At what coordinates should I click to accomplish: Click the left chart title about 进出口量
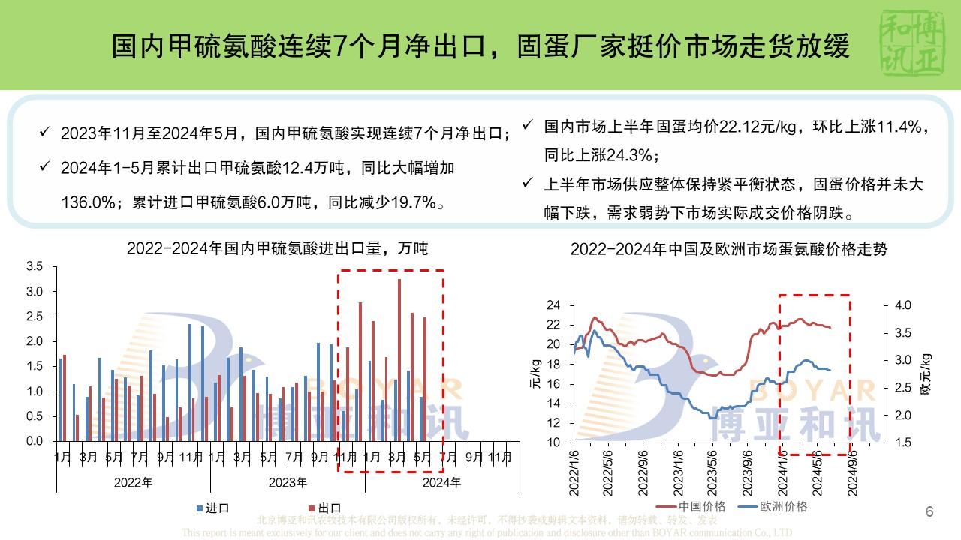tap(277, 248)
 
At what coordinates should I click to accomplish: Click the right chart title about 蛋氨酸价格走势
tap(728, 249)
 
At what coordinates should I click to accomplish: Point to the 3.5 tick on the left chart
tap(35, 266)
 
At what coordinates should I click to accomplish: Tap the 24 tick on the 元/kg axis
tap(553, 305)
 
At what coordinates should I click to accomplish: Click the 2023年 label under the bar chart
tap(288, 482)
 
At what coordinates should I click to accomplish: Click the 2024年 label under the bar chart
tap(441, 482)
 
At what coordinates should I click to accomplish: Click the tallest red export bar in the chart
tap(399, 360)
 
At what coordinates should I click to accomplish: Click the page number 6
tap(929, 513)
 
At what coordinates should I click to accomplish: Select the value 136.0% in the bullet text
tap(86, 202)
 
